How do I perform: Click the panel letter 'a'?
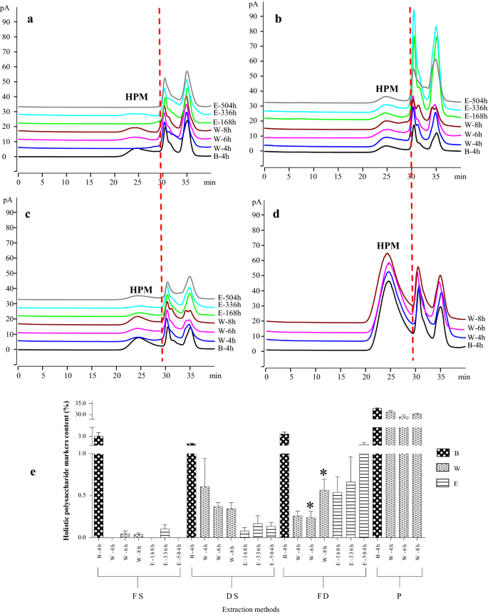(30, 19)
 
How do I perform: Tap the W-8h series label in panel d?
(476, 319)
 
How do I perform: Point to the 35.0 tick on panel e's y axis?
(81, 403)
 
